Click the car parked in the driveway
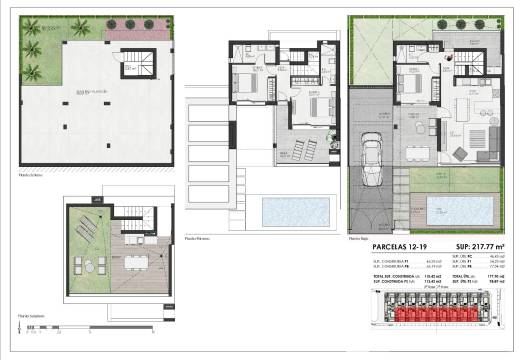click(x=371, y=163)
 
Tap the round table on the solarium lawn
click(x=84, y=267)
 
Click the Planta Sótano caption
click(x=35, y=170)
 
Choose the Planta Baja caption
click(x=358, y=238)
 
